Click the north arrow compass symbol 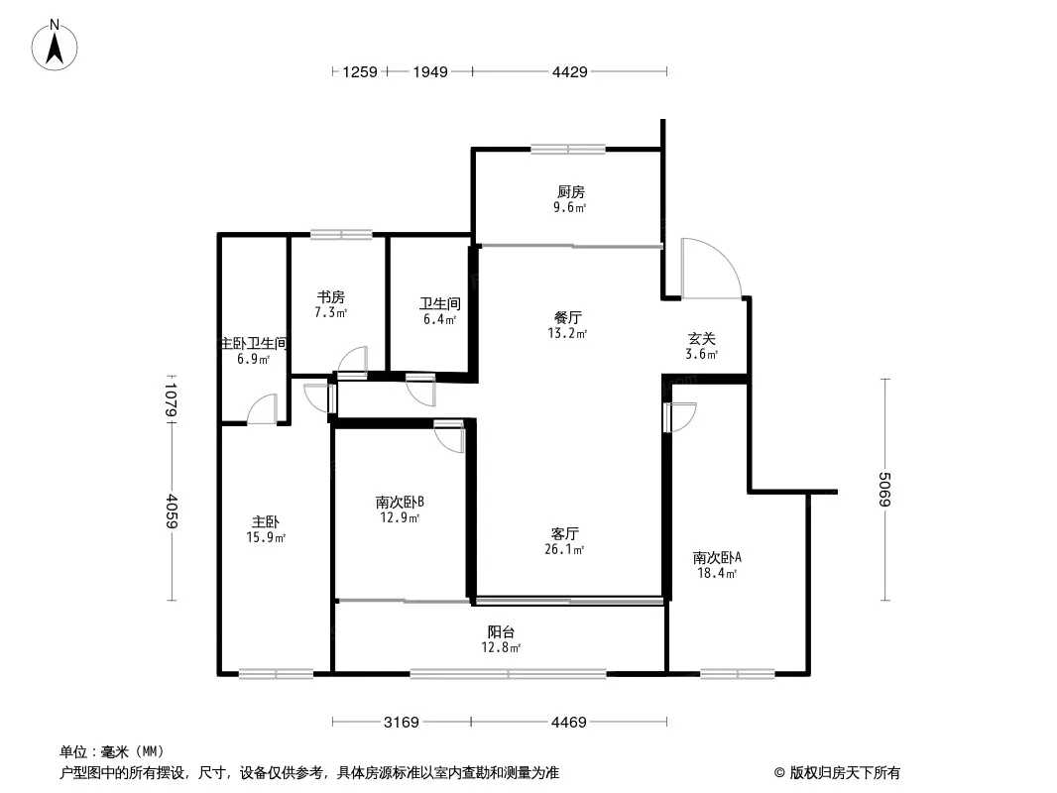(57, 44)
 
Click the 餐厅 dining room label (567, 318)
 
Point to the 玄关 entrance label (702, 338)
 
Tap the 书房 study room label (331, 296)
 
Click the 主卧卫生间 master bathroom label (254, 343)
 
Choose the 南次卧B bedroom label (401, 502)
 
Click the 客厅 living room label (565, 533)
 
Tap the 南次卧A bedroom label (717, 557)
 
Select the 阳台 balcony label (501, 631)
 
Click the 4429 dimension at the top (570, 71)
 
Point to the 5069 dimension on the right (883, 491)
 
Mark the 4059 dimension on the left (172, 511)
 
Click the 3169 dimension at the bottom (403, 722)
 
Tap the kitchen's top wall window (567, 150)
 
